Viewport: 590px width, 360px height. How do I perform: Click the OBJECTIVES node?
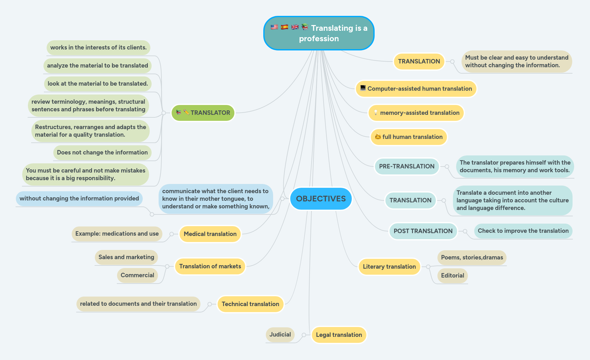pos(321,199)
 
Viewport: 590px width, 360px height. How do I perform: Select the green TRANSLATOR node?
pos(203,113)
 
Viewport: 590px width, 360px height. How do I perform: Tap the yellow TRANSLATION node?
pos(419,62)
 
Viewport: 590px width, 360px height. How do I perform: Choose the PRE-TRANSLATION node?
pos(407,167)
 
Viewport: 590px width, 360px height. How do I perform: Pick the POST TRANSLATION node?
pos(423,231)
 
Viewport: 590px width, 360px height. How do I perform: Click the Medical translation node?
pos(210,234)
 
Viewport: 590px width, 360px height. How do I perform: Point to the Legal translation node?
pos(339,335)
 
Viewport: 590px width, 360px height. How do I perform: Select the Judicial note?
pos(280,335)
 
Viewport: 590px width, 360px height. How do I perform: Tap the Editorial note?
pos(452,276)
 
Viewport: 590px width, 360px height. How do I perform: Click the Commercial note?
pos(137,275)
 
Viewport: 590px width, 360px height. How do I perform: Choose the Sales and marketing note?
pos(126,257)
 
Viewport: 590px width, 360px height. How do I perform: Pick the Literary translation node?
pos(389,267)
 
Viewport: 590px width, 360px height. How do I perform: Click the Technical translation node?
pos(250,304)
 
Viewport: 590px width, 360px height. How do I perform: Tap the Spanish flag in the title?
pos(285,27)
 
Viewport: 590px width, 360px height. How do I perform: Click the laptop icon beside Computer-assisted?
pos(363,88)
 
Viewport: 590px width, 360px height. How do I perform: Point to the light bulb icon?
pos(376,113)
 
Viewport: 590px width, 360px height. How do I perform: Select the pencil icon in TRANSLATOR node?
pos(186,112)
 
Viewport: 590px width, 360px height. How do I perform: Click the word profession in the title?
pos(319,39)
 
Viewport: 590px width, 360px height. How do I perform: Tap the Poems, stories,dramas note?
pos(472,258)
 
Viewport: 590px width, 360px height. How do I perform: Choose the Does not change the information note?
pos(102,153)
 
